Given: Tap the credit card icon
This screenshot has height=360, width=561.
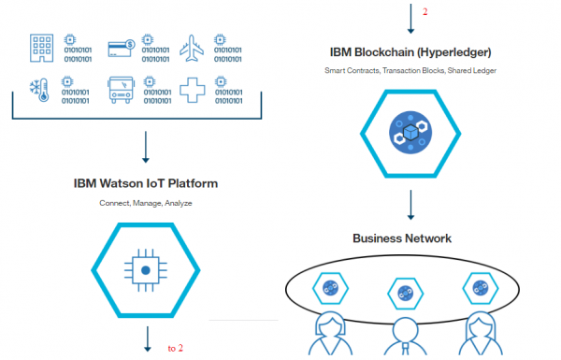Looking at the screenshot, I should [x=121, y=47].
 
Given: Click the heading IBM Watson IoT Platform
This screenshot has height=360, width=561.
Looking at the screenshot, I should [x=145, y=183].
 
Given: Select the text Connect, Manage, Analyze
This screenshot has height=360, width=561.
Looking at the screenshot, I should [x=145, y=203].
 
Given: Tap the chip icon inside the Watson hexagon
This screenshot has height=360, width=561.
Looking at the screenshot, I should [x=146, y=270].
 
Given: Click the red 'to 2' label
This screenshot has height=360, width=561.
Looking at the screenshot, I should [x=175, y=348].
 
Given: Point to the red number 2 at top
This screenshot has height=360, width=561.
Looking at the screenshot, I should [x=424, y=12].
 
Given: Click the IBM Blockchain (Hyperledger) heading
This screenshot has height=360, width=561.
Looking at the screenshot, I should [x=410, y=51].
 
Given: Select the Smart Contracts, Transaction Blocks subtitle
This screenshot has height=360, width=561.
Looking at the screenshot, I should [x=410, y=70].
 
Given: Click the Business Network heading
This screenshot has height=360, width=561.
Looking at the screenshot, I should [x=402, y=238].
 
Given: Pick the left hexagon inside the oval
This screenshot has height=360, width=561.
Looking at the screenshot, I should [x=331, y=287].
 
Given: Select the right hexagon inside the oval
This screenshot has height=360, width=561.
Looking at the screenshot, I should [x=481, y=287].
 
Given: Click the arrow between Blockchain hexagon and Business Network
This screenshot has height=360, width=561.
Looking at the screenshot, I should [x=410, y=206].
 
